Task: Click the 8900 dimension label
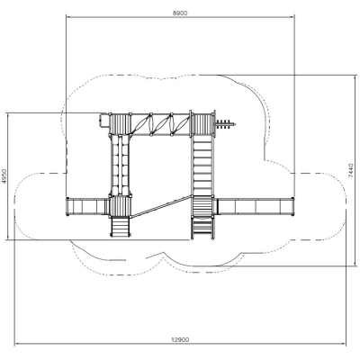pos(180,13)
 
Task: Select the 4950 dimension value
pos(4,176)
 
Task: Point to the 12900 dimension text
pos(180,339)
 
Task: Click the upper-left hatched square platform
pos(120,124)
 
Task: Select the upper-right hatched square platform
pos(203,124)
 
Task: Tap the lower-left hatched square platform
pos(120,206)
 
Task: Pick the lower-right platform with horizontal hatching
pos(202,206)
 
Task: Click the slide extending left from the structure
pos(87,206)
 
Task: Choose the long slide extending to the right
pos(254,206)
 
